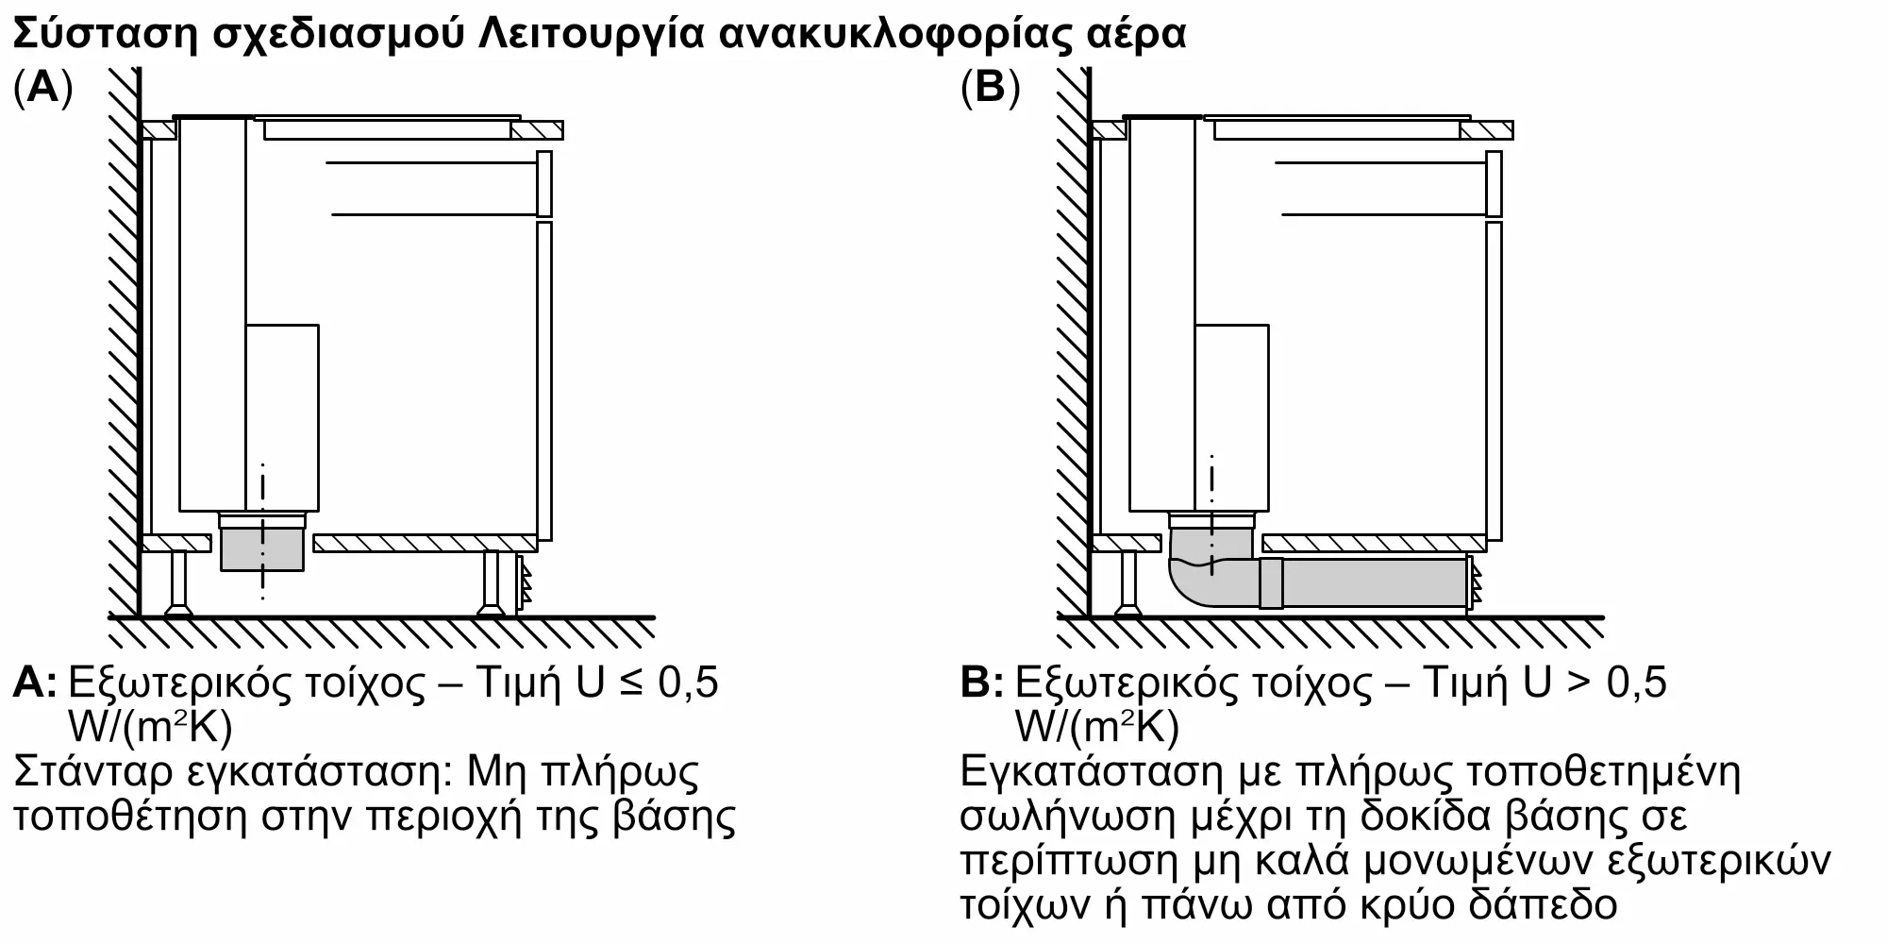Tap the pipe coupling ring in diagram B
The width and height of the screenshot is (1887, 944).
(x=1271, y=582)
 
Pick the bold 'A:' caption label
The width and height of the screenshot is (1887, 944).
(x=35, y=683)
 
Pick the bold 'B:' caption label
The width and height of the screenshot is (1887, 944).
(x=981, y=683)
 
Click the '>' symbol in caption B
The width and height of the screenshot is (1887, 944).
(x=1578, y=683)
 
